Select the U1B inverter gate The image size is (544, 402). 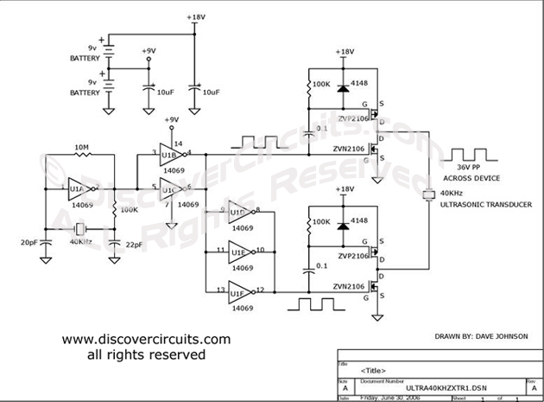[169, 154]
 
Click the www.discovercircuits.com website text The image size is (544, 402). [145, 340]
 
